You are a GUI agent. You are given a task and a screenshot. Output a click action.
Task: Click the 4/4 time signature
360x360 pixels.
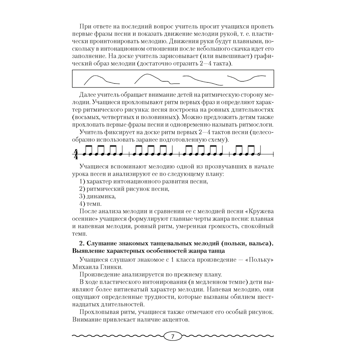click(x=76, y=154)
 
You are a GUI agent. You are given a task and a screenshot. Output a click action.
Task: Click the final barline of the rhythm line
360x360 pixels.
click(x=273, y=154)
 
